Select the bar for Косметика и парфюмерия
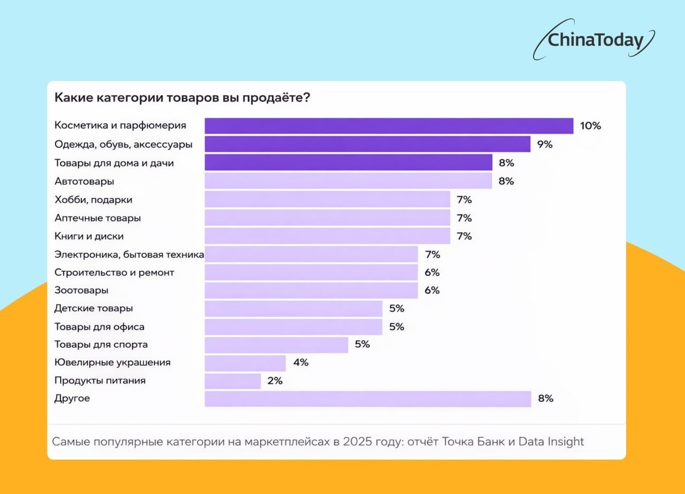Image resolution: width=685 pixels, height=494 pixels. pyautogui.click(x=389, y=126)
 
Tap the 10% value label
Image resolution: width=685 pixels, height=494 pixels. pyautogui.click(x=590, y=126)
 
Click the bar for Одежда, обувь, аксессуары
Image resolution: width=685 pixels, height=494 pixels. pyautogui.click(x=368, y=144)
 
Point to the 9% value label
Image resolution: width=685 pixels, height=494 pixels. pyautogui.click(x=545, y=144)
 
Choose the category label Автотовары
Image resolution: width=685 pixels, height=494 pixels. pyautogui.click(x=84, y=181)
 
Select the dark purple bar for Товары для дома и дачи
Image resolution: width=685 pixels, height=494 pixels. pyautogui.click(x=348, y=163)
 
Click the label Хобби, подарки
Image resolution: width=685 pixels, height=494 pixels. pyautogui.click(x=93, y=200)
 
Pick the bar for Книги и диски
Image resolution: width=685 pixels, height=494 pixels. pyautogui.click(x=327, y=236)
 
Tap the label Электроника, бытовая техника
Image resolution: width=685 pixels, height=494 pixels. pyautogui.click(x=129, y=254)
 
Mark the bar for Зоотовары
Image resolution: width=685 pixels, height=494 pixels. pyautogui.click(x=311, y=290)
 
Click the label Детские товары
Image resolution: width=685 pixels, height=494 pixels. pyautogui.click(x=94, y=309)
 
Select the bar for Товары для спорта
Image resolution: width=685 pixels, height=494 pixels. pyautogui.click(x=276, y=345)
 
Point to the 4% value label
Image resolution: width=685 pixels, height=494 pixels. pyautogui.click(x=300, y=362)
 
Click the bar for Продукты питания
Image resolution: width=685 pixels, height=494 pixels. pyautogui.click(x=232, y=381)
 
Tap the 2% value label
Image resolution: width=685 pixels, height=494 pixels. pyautogui.click(x=275, y=381)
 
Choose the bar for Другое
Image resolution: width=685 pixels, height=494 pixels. pyautogui.click(x=368, y=399)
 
